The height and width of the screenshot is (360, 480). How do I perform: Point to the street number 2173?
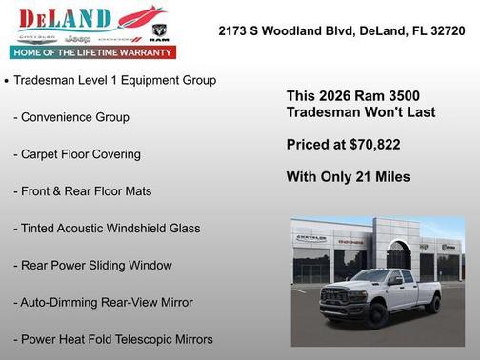tap(235, 31)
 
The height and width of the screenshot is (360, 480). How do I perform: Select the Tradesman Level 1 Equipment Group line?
tap(114, 80)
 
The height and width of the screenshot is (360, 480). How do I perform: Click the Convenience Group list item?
tap(71, 117)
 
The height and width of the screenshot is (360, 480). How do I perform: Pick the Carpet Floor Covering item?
tap(77, 154)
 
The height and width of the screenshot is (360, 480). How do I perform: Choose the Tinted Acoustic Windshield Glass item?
tap(107, 229)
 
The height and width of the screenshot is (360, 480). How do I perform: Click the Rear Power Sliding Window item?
tap(92, 265)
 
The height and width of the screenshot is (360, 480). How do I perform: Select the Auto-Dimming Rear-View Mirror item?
tap(103, 302)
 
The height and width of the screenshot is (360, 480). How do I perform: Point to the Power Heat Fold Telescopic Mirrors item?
tap(113, 339)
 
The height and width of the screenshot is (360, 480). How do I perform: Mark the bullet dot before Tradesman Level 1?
tap(8, 81)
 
